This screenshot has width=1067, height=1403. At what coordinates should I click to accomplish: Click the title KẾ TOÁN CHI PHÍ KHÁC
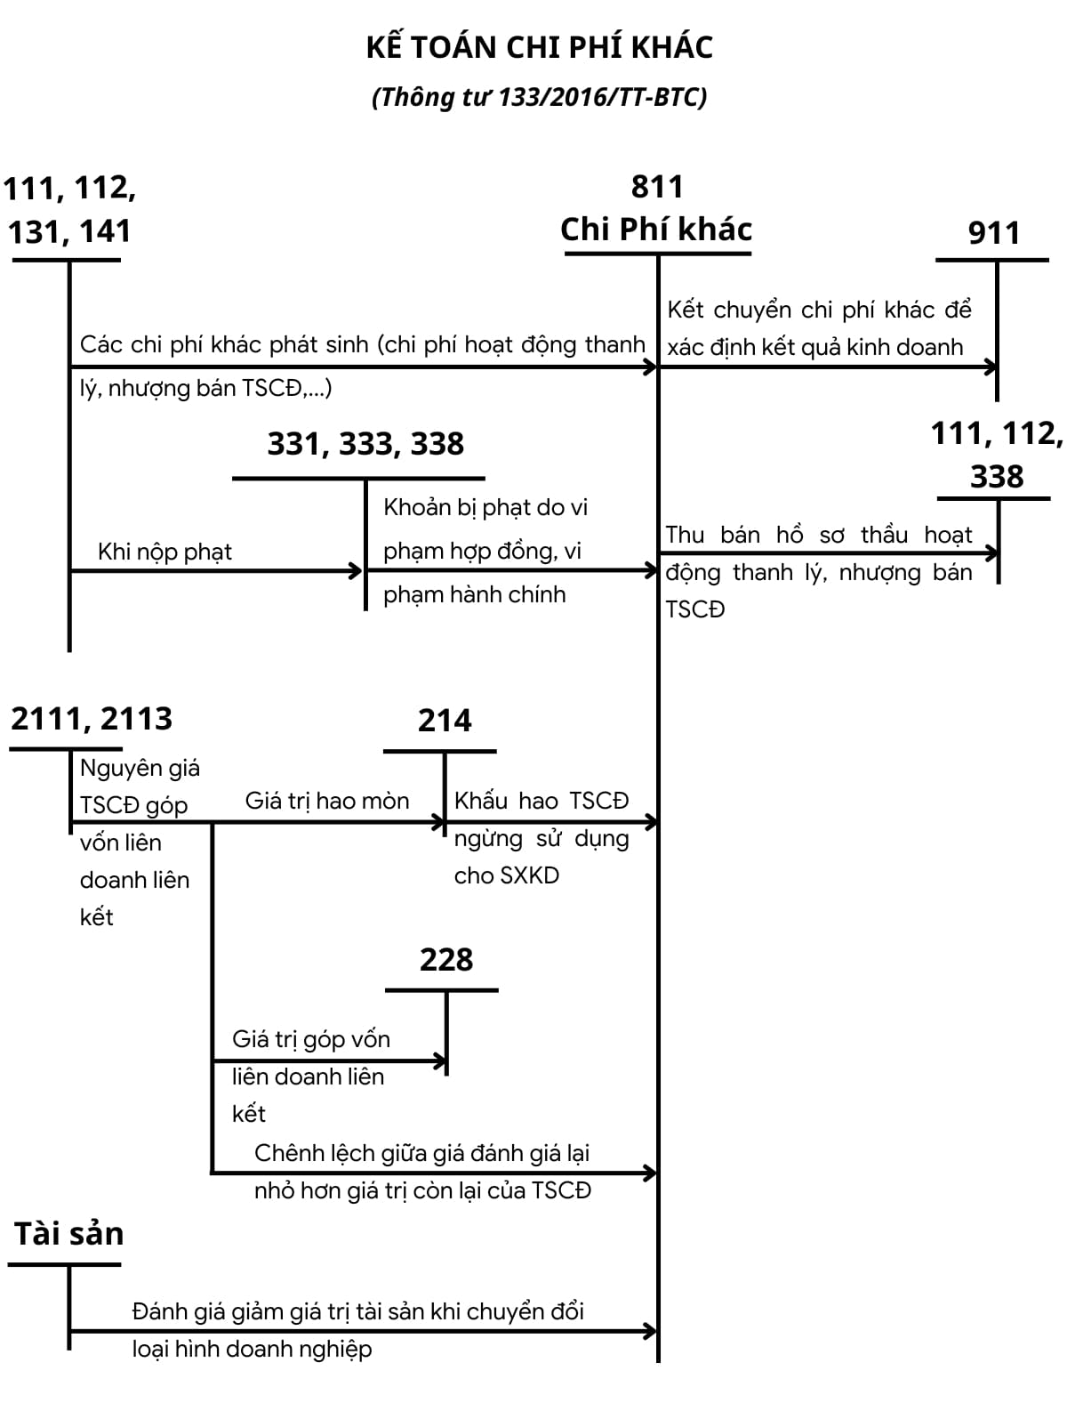click(x=539, y=47)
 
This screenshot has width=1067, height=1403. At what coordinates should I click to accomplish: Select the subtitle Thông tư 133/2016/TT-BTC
click(x=539, y=96)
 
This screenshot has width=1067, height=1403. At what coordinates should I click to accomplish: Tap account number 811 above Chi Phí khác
click(x=657, y=187)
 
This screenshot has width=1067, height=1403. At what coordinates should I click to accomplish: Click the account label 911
click(x=993, y=233)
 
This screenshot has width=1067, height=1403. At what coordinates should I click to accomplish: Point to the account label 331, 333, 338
click(x=365, y=444)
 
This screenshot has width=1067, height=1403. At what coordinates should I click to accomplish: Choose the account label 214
click(x=445, y=721)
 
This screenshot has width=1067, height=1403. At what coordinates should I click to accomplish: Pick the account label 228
click(x=445, y=960)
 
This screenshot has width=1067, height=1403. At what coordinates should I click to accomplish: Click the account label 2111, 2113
click(x=92, y=719)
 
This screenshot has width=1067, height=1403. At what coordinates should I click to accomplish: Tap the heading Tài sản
click(x=68, y=1234)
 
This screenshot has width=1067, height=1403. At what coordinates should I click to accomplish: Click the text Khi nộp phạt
click(x=164, y=552)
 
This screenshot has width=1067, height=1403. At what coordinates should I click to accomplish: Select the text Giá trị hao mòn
click(x=327, y=801)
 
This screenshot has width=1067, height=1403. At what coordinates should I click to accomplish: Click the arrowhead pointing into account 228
click(x=439, y=1060)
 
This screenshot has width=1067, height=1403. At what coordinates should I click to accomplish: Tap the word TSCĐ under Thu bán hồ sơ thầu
click(x=695, y=609)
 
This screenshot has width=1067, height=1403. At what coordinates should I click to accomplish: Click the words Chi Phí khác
click(x=656, y=230)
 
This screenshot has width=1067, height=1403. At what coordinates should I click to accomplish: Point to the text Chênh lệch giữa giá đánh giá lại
click(x=421, y=1154)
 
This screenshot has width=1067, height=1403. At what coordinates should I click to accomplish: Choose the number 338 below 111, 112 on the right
click(x=997, y=477)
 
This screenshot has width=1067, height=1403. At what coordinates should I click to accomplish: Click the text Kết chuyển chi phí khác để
click(x=819, y=310)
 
